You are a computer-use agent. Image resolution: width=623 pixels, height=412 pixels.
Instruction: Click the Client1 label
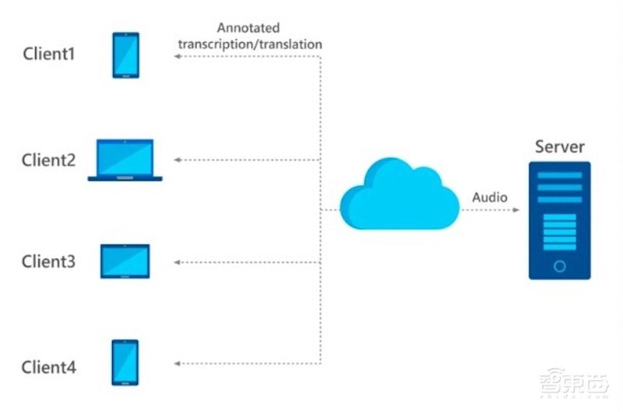[48, 56]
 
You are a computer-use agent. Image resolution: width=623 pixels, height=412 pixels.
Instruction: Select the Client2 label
[48, 160]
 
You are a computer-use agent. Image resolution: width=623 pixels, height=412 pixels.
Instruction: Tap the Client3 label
[48, 262]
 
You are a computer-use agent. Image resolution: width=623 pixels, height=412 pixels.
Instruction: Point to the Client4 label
[48, 366]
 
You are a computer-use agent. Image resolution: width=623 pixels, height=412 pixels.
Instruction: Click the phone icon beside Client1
[125, 55]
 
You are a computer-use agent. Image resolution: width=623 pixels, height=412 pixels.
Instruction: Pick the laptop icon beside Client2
[125, 160]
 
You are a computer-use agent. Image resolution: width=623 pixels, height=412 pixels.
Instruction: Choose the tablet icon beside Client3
[125, 262]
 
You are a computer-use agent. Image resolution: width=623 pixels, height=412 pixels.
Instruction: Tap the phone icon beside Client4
[125, 362]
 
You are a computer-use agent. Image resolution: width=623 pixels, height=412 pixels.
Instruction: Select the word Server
[559, 146]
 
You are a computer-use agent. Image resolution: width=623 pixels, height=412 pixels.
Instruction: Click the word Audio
[490, 197]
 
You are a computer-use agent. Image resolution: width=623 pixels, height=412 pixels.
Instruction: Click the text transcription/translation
[250, 44]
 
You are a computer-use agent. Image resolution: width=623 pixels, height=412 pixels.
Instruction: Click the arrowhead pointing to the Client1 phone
[177, 59]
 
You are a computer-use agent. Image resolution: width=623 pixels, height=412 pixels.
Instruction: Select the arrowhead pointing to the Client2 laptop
[177, 160]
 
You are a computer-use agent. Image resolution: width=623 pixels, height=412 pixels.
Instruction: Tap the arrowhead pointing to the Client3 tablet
[177, 262]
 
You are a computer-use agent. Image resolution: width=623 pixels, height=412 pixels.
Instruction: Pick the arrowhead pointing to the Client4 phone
[177, 363]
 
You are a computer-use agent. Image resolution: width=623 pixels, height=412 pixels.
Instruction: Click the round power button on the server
[559, 266]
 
